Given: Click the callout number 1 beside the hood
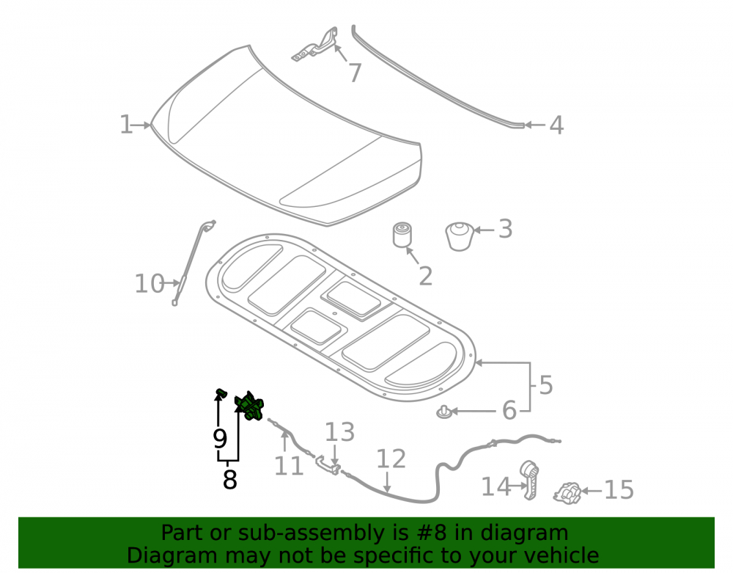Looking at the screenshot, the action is [x=126, y=125].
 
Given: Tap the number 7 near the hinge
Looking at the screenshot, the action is [x=356, y=73].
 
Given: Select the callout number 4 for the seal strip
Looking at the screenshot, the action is [x=556, y=125].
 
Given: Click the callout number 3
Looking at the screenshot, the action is [x=505, y=229].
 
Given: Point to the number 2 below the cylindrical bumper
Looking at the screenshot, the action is [x=425, y=277].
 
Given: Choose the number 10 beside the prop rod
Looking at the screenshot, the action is [x=150, y=284].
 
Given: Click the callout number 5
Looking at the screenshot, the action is [x=546, y=385].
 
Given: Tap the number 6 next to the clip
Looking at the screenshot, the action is [x=509, y=410].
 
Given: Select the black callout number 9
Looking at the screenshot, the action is [x=220, y=439].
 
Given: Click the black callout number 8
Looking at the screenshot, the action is [x=229, y=479].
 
